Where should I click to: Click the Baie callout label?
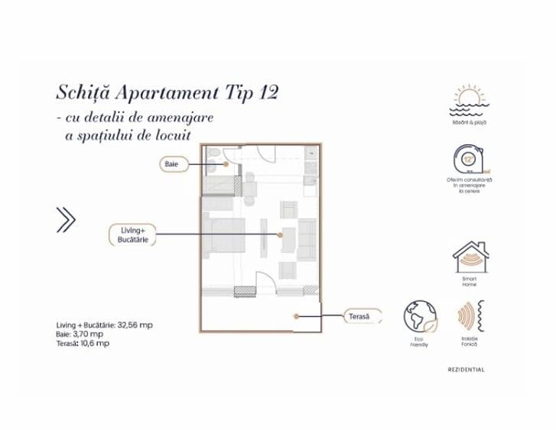pos(171,163)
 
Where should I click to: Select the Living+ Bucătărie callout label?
pos(128,234)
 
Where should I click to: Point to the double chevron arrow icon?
pos(67,219)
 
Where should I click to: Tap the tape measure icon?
pos(470,161)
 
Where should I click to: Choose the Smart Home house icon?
pos(470,258)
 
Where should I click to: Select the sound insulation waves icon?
pos(469,317)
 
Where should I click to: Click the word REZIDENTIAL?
pos(467,370)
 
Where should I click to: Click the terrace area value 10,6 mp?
pos(96,344)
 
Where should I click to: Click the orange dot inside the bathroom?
pos(227,163)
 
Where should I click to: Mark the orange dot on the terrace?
pos(294,315)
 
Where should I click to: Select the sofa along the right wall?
pos(306,237)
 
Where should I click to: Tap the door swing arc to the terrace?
pos(262,280)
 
